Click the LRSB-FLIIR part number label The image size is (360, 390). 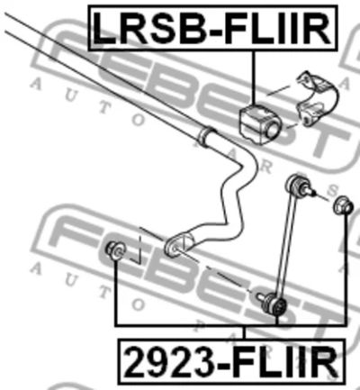(212, 28)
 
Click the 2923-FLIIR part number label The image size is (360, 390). (231, 361)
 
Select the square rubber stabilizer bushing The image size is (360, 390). (259, 123)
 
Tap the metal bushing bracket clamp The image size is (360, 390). (317, 98)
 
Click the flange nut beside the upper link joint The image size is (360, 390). (343, 205)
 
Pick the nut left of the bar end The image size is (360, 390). (115, 250)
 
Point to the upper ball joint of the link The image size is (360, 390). (296, 184)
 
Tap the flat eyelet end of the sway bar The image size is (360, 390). (177, 244)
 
